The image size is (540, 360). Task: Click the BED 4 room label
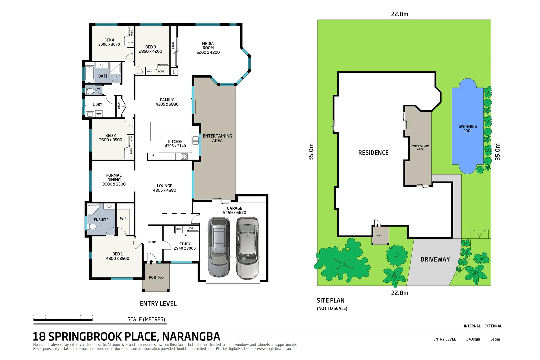(109, 40)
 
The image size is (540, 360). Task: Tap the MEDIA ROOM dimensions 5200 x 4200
(208, 52)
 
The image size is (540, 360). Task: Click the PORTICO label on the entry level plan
(156, 277)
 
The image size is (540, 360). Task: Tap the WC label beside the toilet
(99, 89)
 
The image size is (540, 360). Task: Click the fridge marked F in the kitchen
(153, 156)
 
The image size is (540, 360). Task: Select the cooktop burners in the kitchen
(184, 156)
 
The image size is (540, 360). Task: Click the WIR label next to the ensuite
(123, 219)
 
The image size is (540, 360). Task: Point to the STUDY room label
(185, 244)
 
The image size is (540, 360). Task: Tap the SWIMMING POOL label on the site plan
(468, 129)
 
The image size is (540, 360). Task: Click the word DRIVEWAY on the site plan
(435, 259)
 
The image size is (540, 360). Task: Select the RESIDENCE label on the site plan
(373, 153)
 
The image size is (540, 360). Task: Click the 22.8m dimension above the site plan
(399, 14)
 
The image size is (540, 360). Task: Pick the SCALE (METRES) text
(146, 319)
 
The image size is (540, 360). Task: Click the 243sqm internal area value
(473, 339)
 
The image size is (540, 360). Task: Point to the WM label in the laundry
(99, 114)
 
